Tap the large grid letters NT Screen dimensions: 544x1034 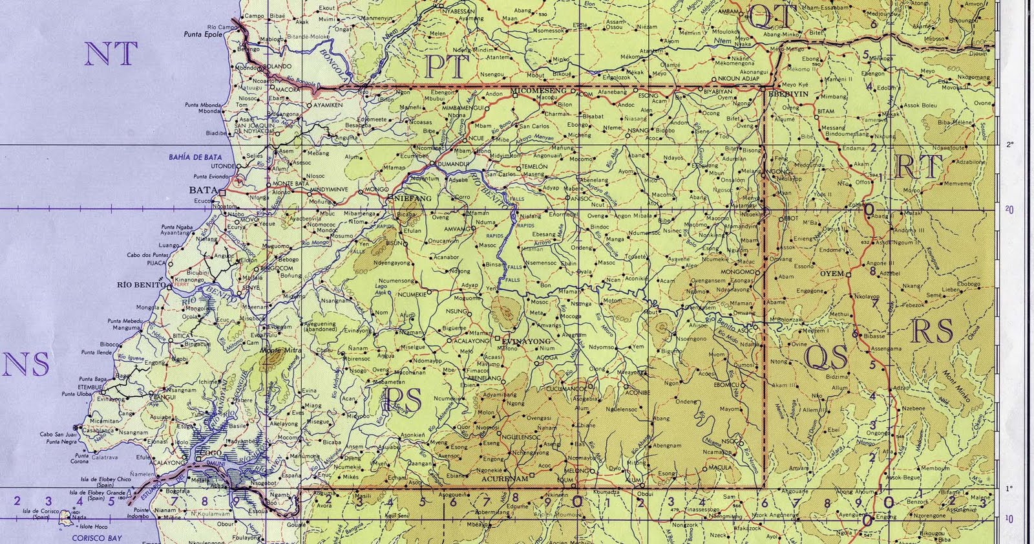tap(111, 54)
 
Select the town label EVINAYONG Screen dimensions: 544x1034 tap(526, 341)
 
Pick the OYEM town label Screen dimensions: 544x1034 tap(832, 274)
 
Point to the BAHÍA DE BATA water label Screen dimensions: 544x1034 tap(195, 157)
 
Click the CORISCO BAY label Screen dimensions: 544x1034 tap(97, 538)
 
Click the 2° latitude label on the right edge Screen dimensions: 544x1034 tap(1010, 145)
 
